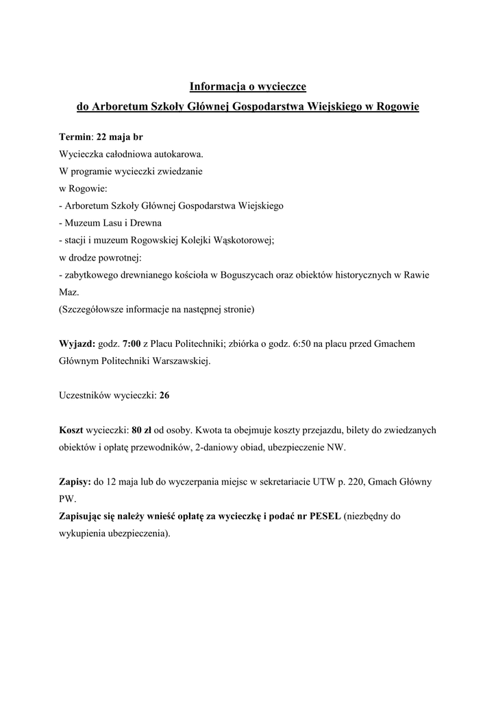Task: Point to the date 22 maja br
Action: (120, 137)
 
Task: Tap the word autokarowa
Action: (179, 154)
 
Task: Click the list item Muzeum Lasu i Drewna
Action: (112, 223)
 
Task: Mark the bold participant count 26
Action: (164, 396)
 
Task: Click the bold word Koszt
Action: (71, 430)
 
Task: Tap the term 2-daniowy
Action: (216, 447)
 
